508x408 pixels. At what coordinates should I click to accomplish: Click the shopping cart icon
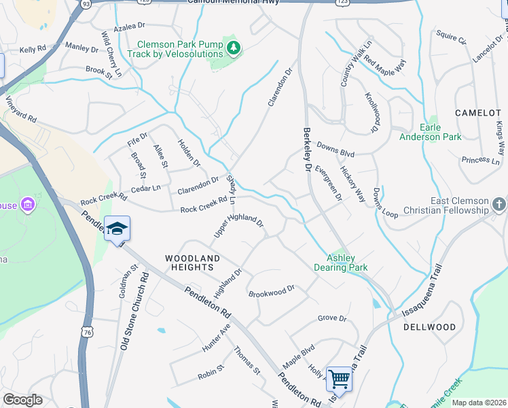[340, 378]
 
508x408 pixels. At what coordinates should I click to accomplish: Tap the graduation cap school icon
[117, 228]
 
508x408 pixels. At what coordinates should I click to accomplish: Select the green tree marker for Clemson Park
[234, 48]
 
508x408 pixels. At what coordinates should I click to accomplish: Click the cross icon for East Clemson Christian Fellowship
[498, 204]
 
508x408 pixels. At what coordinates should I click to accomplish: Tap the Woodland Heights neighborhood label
[193, 263]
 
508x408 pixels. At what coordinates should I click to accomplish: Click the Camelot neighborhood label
[477, 113]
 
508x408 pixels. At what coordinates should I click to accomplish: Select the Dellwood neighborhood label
[429, 327]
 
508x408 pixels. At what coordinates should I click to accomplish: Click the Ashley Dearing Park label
[347, 262]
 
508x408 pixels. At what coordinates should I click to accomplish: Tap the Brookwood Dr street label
[272, 292]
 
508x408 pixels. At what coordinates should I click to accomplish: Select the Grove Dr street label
[332, 318]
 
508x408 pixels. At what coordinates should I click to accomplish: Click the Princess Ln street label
[479, 160]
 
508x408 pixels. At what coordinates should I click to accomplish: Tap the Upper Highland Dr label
[238, 224]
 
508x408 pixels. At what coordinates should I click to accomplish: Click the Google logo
[22, 400]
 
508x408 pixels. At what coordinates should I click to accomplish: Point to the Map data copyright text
[478, 403]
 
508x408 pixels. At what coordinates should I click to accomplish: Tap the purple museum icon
[27, 205]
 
